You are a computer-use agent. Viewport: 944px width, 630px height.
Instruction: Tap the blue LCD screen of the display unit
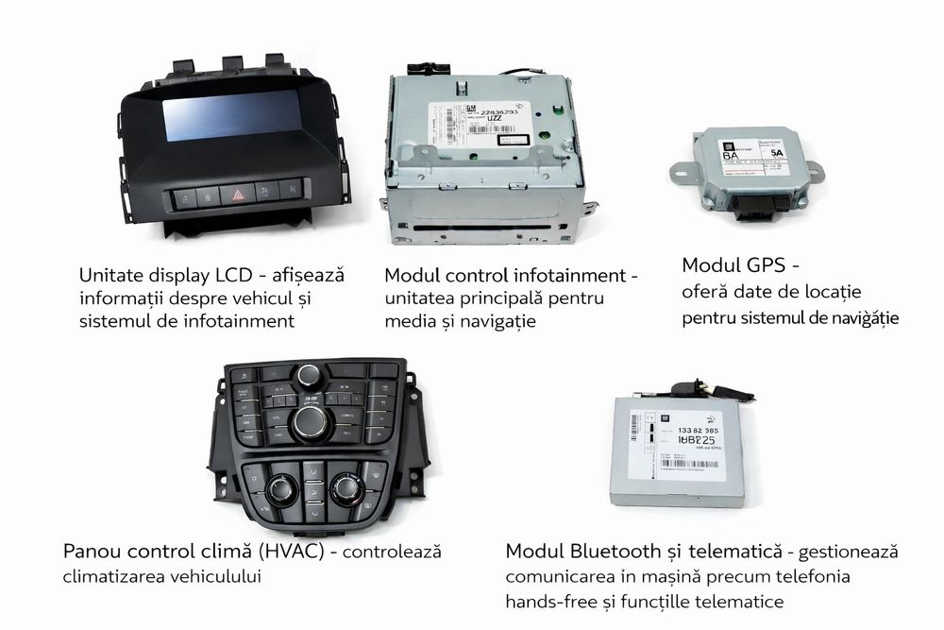pos(231,116)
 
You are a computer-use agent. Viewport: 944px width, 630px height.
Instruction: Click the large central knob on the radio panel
pos(310,423)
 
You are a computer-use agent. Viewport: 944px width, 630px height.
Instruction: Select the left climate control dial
pos(280,489)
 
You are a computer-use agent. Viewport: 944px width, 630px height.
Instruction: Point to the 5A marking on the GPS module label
pos(776,151)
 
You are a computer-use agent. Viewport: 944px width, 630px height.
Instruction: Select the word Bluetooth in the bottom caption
pos(614,551)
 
